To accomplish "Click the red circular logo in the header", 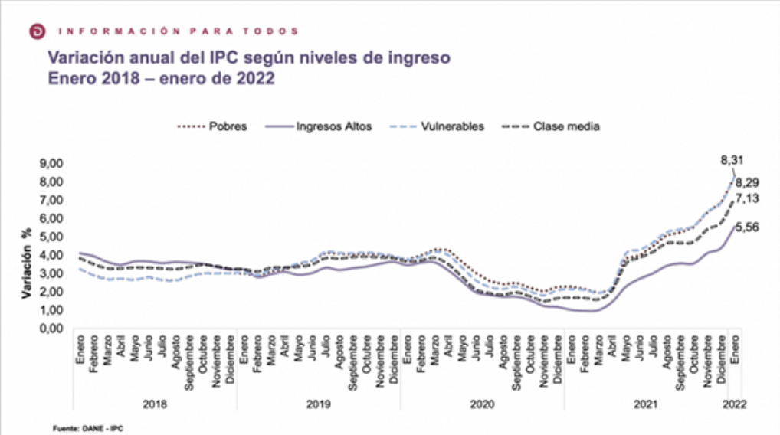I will coord(36,31).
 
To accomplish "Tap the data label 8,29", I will coord(749,184).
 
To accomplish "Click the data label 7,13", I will coord(749,199).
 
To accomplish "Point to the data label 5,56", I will coord(749,227).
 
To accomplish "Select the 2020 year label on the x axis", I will coord(482,404).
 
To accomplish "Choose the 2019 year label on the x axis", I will coord(318,404).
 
